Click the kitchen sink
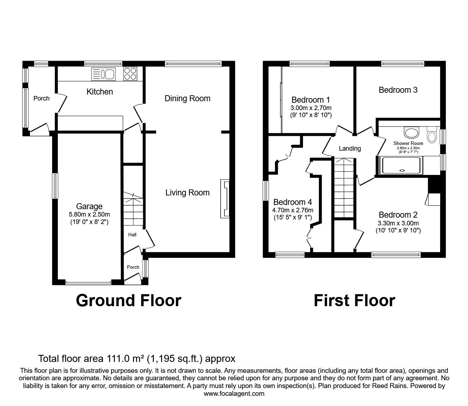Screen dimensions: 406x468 tap(103, 74)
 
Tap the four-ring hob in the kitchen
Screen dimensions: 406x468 tap(130, 74)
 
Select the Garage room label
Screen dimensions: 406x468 tap(90, 206)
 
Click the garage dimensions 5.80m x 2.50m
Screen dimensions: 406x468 tap(90, 214)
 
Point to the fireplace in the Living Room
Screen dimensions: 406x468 tap(224, 199)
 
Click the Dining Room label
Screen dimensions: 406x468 tap(187, 98)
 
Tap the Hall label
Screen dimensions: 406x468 tap(132, 235)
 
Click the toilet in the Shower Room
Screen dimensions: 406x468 tap(431, 134)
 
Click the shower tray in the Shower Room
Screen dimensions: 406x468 tap(402, 165)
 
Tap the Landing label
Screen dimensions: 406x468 tap(350, 149)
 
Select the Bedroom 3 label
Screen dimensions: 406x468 tap(398, 90)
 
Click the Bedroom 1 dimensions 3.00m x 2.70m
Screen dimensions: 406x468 tap(311, 108)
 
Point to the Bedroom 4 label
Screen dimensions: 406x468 tap(292, 202)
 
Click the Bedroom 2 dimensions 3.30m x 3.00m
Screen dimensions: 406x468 tap(398, 223)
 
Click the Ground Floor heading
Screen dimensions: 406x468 tap(128, 301)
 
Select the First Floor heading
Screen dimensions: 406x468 tap(354, 301)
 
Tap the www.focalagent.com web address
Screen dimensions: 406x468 tap(234, 393)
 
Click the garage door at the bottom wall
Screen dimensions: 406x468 tap(88, 282)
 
